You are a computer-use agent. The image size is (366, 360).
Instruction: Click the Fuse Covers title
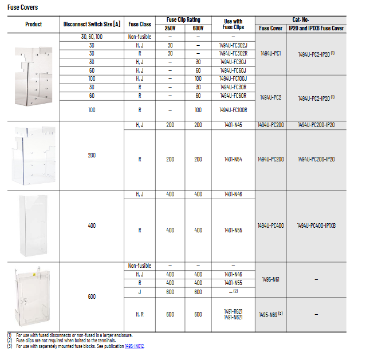coord(23,8)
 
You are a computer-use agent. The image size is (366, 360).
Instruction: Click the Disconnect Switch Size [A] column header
coord(92,24)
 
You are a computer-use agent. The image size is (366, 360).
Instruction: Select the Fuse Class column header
coord(140,24)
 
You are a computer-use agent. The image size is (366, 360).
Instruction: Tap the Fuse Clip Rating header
coord(183,19)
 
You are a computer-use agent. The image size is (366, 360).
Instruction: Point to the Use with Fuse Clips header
coord(233,24)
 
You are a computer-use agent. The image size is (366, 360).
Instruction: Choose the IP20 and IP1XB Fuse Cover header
coord(316,27)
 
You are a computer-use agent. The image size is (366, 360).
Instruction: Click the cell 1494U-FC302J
coord(233,45)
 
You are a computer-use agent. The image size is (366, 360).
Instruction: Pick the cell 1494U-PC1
coord(270,53)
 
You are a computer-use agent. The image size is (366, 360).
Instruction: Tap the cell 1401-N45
coord(233,125)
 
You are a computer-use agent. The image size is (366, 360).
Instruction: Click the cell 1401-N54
coord(233,159)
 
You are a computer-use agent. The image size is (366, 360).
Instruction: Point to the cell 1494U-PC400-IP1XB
coord(316,226)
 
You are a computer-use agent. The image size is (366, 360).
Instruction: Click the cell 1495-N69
coord(270,314)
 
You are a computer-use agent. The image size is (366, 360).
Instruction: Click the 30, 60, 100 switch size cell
coord(92,37)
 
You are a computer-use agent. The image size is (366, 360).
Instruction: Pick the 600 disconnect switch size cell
coord(92,296)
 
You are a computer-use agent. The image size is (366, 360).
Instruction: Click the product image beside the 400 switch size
coord(33,226)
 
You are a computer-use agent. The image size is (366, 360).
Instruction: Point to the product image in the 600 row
coord(33,296)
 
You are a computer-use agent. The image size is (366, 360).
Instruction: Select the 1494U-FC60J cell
coord(233,70)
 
